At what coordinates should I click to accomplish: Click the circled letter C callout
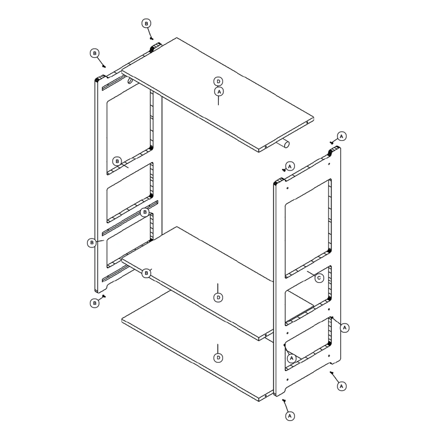coord(319,278)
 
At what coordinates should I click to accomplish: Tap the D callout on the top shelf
coord(218,82)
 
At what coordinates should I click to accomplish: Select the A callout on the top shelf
coord(219,92)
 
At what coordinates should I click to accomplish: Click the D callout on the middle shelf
coord(218,298)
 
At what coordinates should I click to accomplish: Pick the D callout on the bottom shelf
coord(218,358)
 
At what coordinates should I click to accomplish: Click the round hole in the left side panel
coord(130,81)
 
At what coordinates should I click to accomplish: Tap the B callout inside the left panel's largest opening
coord(117,161)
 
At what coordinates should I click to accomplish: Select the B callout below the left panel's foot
coord(94,303)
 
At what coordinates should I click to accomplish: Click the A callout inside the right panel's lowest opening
coord(291,358)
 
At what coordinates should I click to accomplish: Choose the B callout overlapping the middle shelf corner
coord(146,273)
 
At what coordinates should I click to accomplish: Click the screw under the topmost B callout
coord(151,38)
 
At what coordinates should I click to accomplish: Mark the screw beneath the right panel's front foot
coord(284,400)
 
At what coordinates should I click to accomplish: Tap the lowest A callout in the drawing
coord(290,416)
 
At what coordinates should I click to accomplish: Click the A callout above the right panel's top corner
coord(342,136)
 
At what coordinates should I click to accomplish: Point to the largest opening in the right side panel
coord(308,228)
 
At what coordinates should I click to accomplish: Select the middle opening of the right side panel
coord(308,295)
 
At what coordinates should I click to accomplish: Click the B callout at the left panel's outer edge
coord(92,243)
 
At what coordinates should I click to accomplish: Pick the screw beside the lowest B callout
coord(104,296)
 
